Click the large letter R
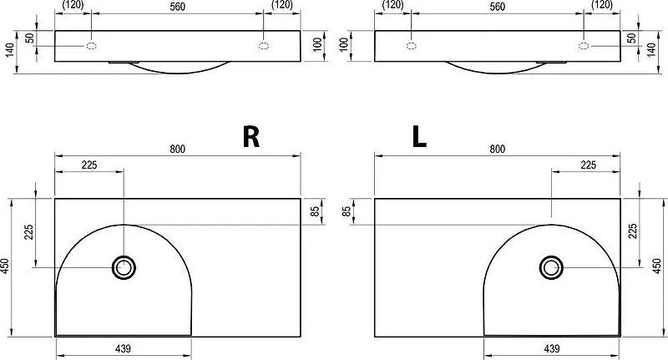(251, 137)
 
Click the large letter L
(419, 137)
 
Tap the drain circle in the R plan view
(124, 267)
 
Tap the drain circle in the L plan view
(551, 267)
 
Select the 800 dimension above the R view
(177, 149)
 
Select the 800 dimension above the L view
(497, 149)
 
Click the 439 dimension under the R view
(123, 348)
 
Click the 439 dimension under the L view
(552, 348)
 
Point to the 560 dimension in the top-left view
(177, 7)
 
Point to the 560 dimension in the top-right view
(497, 7)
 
